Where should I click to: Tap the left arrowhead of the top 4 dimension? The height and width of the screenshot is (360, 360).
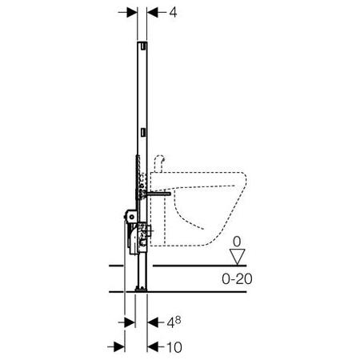pyautogui.click(x=130, y=13)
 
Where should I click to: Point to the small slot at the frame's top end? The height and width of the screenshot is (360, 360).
pyautogui.click(x=142, y=47)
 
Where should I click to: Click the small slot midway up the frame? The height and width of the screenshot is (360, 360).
pyautogui.click(x=142, y=129)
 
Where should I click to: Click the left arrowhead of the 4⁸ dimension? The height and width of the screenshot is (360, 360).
pyautogui.click(x=130, y=324)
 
